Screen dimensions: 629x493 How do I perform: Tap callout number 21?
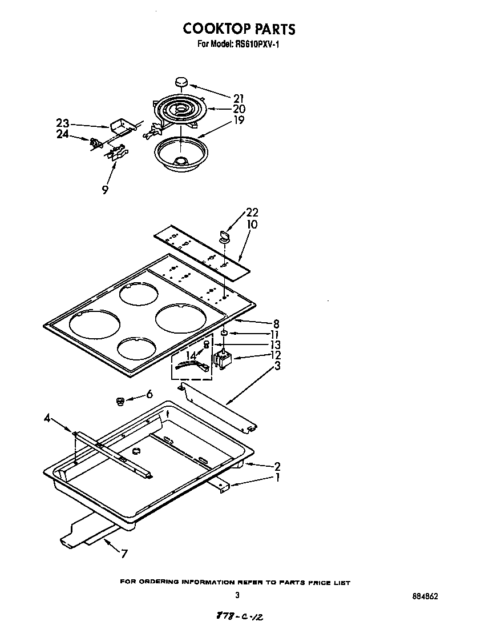point(239,97)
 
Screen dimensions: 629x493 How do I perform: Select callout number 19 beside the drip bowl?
point(239,120)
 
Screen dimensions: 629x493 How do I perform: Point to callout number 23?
point(63,123)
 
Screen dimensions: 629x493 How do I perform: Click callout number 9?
point(105,190)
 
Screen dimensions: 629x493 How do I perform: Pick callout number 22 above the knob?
point(252,213)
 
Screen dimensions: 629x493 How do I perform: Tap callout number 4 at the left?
point(47,419)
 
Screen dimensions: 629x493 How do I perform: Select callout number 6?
point(149,394)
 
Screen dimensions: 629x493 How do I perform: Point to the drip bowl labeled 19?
point(181,153)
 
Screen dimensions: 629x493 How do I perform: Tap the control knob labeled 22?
point(223,234)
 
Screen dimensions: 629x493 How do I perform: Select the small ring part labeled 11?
point(225,332)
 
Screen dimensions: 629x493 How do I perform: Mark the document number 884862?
point(425,596)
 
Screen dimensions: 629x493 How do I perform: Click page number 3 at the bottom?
point(237,595)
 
